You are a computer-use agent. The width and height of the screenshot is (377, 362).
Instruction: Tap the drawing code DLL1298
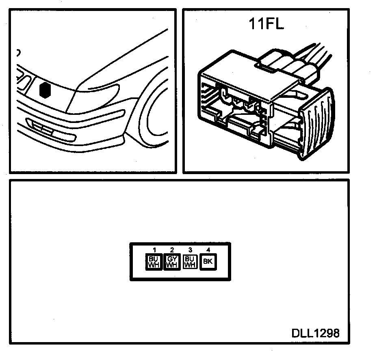click(315, 333)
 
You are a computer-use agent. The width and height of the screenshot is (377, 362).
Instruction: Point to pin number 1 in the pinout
click(154, 250)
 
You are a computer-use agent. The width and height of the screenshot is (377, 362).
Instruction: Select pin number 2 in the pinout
click(172, 250)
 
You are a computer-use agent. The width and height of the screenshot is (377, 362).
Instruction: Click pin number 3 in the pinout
click(190, 250)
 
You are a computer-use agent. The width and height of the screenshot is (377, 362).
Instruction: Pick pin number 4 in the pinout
click(208, 250)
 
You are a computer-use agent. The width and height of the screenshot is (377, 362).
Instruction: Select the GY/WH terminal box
click(172, 262)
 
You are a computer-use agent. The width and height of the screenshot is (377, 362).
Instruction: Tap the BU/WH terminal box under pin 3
click(190, 262)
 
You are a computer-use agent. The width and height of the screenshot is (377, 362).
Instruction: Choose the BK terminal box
click(208, 262)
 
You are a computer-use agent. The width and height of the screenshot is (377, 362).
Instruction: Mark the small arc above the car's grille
click(18, 52)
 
